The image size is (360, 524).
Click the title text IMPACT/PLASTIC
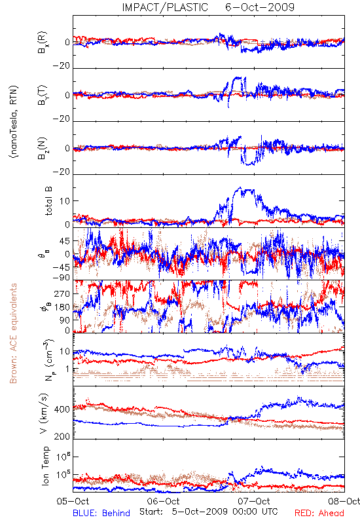pos(165,7)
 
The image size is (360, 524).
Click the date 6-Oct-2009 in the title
pos(260,7)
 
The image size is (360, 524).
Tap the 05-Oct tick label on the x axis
pos(73,501)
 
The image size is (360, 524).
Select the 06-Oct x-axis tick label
pos(163,501)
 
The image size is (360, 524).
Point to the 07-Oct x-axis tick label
pos(254,501)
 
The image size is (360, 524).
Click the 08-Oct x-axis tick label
pos(344,501)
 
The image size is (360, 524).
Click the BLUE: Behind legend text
pos(101,513)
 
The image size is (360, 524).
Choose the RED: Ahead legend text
pos(319,513)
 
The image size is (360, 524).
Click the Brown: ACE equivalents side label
pos(13,333)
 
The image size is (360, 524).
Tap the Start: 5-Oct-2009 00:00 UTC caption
pos(208,512)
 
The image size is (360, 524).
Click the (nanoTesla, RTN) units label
pos(14,122)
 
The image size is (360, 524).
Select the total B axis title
pos(48,201)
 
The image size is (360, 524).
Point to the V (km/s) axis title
pos(44,413)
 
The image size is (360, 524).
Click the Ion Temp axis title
pos(45,466)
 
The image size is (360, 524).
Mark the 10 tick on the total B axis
pos(65,201)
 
